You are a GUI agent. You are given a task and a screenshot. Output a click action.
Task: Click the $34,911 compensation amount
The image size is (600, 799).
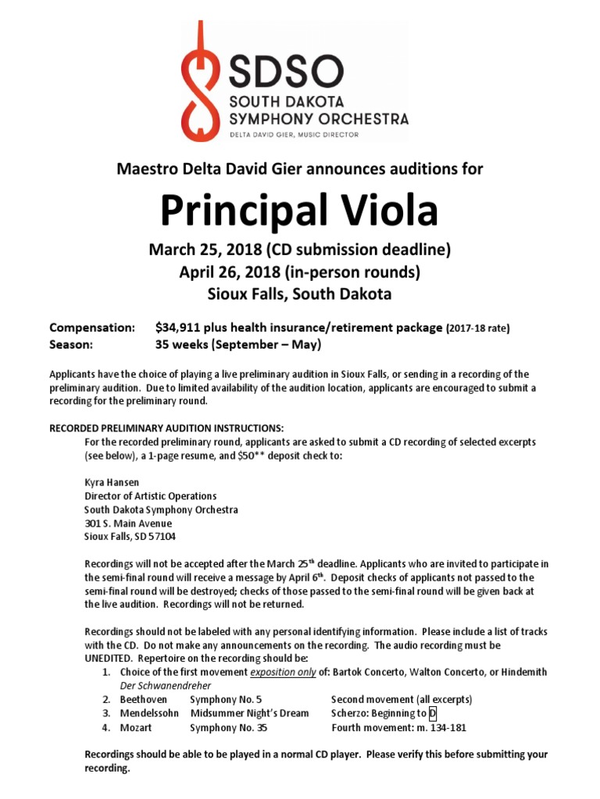click(181, 327)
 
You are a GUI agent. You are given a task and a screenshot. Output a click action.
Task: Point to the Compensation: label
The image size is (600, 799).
click(92, 327)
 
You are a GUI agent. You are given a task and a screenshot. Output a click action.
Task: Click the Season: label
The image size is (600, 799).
click(72, 344)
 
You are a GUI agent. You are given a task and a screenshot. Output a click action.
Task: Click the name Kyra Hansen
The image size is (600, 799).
click(112, 482)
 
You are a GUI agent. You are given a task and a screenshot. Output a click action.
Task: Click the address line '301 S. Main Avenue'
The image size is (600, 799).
click(128, 524)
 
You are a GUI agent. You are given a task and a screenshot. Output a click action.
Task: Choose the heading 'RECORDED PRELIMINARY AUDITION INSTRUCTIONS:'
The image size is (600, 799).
click(167, 428)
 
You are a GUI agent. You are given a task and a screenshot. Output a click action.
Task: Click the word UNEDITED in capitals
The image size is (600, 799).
click(110, 659)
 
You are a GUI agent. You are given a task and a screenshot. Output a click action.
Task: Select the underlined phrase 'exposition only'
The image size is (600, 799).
click(283, 672)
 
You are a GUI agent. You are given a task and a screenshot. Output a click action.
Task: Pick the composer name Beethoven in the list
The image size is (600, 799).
click(146, 699)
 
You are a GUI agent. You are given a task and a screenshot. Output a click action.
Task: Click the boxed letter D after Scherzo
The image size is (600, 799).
click(433, 713)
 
